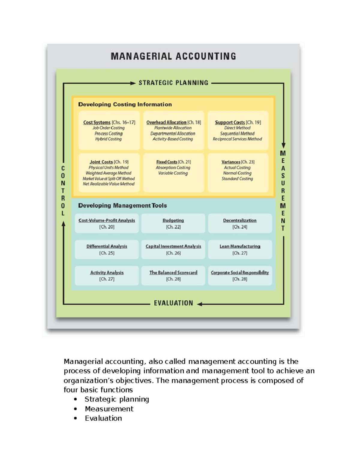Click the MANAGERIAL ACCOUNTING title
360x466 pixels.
[x=173, y=56]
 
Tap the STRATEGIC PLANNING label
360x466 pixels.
[x=173, y=83]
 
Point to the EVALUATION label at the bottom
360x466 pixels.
[x=173, y=303]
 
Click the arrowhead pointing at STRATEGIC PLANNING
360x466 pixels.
[x=133, y=83]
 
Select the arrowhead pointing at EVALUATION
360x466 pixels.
[x=199, y=304]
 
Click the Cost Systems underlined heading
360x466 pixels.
[x=97, y=122]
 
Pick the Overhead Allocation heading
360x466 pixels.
[x=166, y=122]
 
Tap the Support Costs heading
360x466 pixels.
[x=230, y=122]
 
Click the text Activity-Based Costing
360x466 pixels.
[x=173, y=139]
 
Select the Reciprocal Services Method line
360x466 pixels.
[x=237, y=139]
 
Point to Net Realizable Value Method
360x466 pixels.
[x=109, y=184]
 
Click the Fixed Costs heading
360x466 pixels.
[x=167, y=162]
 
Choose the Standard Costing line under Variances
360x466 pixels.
[x=237, y=179]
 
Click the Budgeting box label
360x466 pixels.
[x=173, y=221]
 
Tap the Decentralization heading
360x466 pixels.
[x=240, y=221]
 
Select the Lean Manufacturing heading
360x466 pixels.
[x=240, y=246]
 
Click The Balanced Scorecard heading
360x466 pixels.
[x=173, y=272]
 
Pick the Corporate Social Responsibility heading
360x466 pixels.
[x=240, y=272]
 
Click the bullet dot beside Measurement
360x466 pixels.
[x=75, y=409]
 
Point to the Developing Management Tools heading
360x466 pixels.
[x=122, y=206]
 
